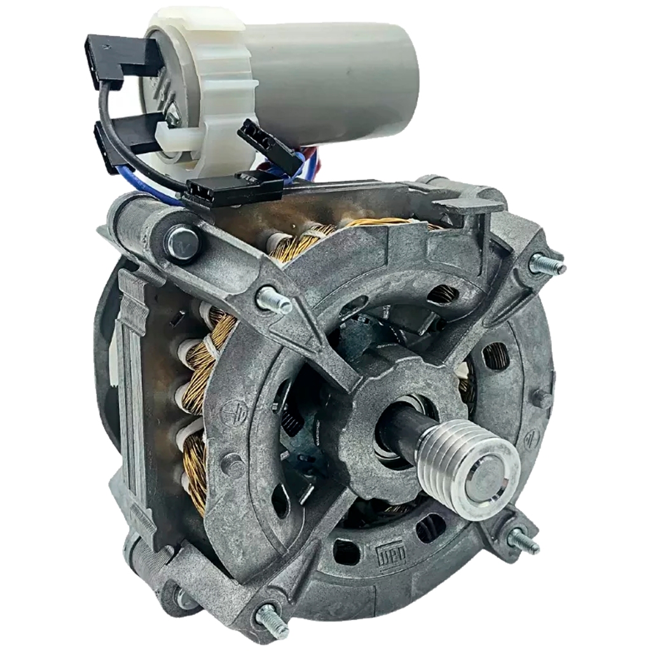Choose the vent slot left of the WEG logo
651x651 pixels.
click(x=346, y=551)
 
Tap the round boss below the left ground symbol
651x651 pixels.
click(x=233, y=464)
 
